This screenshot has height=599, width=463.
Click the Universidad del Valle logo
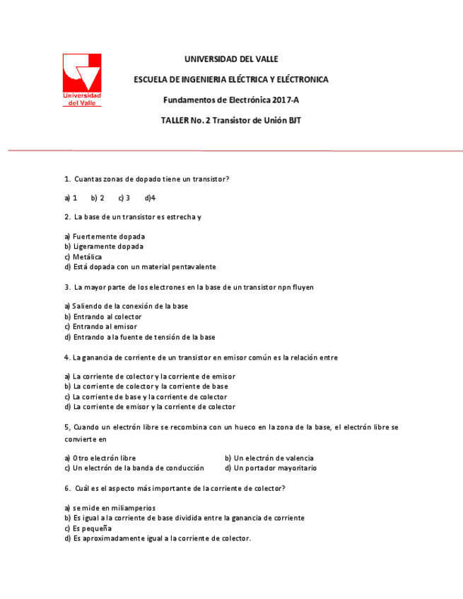pos(82,79)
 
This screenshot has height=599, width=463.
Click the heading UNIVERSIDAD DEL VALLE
pos(231,59)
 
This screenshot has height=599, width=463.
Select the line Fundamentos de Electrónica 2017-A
pos(231,100)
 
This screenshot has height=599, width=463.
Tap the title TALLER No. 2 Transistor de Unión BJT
pos(231,121)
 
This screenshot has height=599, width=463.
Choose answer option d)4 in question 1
pos(150,198)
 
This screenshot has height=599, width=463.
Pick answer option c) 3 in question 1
pos(124,198)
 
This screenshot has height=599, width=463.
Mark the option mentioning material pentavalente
pos(140,267)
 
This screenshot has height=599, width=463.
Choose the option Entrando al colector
pos(103,316)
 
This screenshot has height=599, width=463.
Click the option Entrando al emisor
pos(100,326)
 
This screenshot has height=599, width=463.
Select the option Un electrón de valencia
pos(269,458)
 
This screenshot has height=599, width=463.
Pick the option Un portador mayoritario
pos(271,468)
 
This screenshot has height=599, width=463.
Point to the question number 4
pos(66,357)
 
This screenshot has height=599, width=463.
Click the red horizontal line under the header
pos(233,150)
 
